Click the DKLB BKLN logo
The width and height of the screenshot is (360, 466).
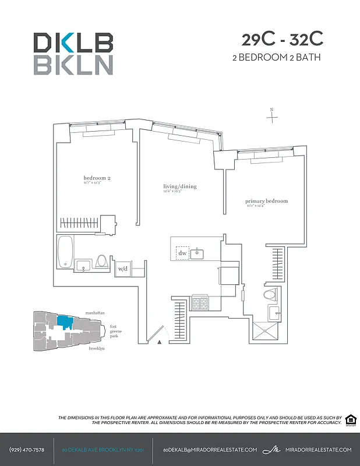(73, 54)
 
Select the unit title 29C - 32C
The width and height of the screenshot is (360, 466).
(282, 40)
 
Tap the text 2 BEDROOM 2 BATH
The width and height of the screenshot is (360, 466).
(276, 57)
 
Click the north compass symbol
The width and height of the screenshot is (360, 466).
(272, 116)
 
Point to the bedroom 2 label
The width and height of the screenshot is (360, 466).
(97, 178)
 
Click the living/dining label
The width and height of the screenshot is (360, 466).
(179, 187)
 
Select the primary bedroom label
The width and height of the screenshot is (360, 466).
(266, 202)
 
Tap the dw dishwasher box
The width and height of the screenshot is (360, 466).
(182, 253)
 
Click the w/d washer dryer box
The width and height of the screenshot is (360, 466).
(123, 269)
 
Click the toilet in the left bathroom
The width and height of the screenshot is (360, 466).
(103, 262)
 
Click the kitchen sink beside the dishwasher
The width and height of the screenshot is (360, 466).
(197, 253)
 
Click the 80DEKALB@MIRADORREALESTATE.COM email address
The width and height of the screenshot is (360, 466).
(210, 450)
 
